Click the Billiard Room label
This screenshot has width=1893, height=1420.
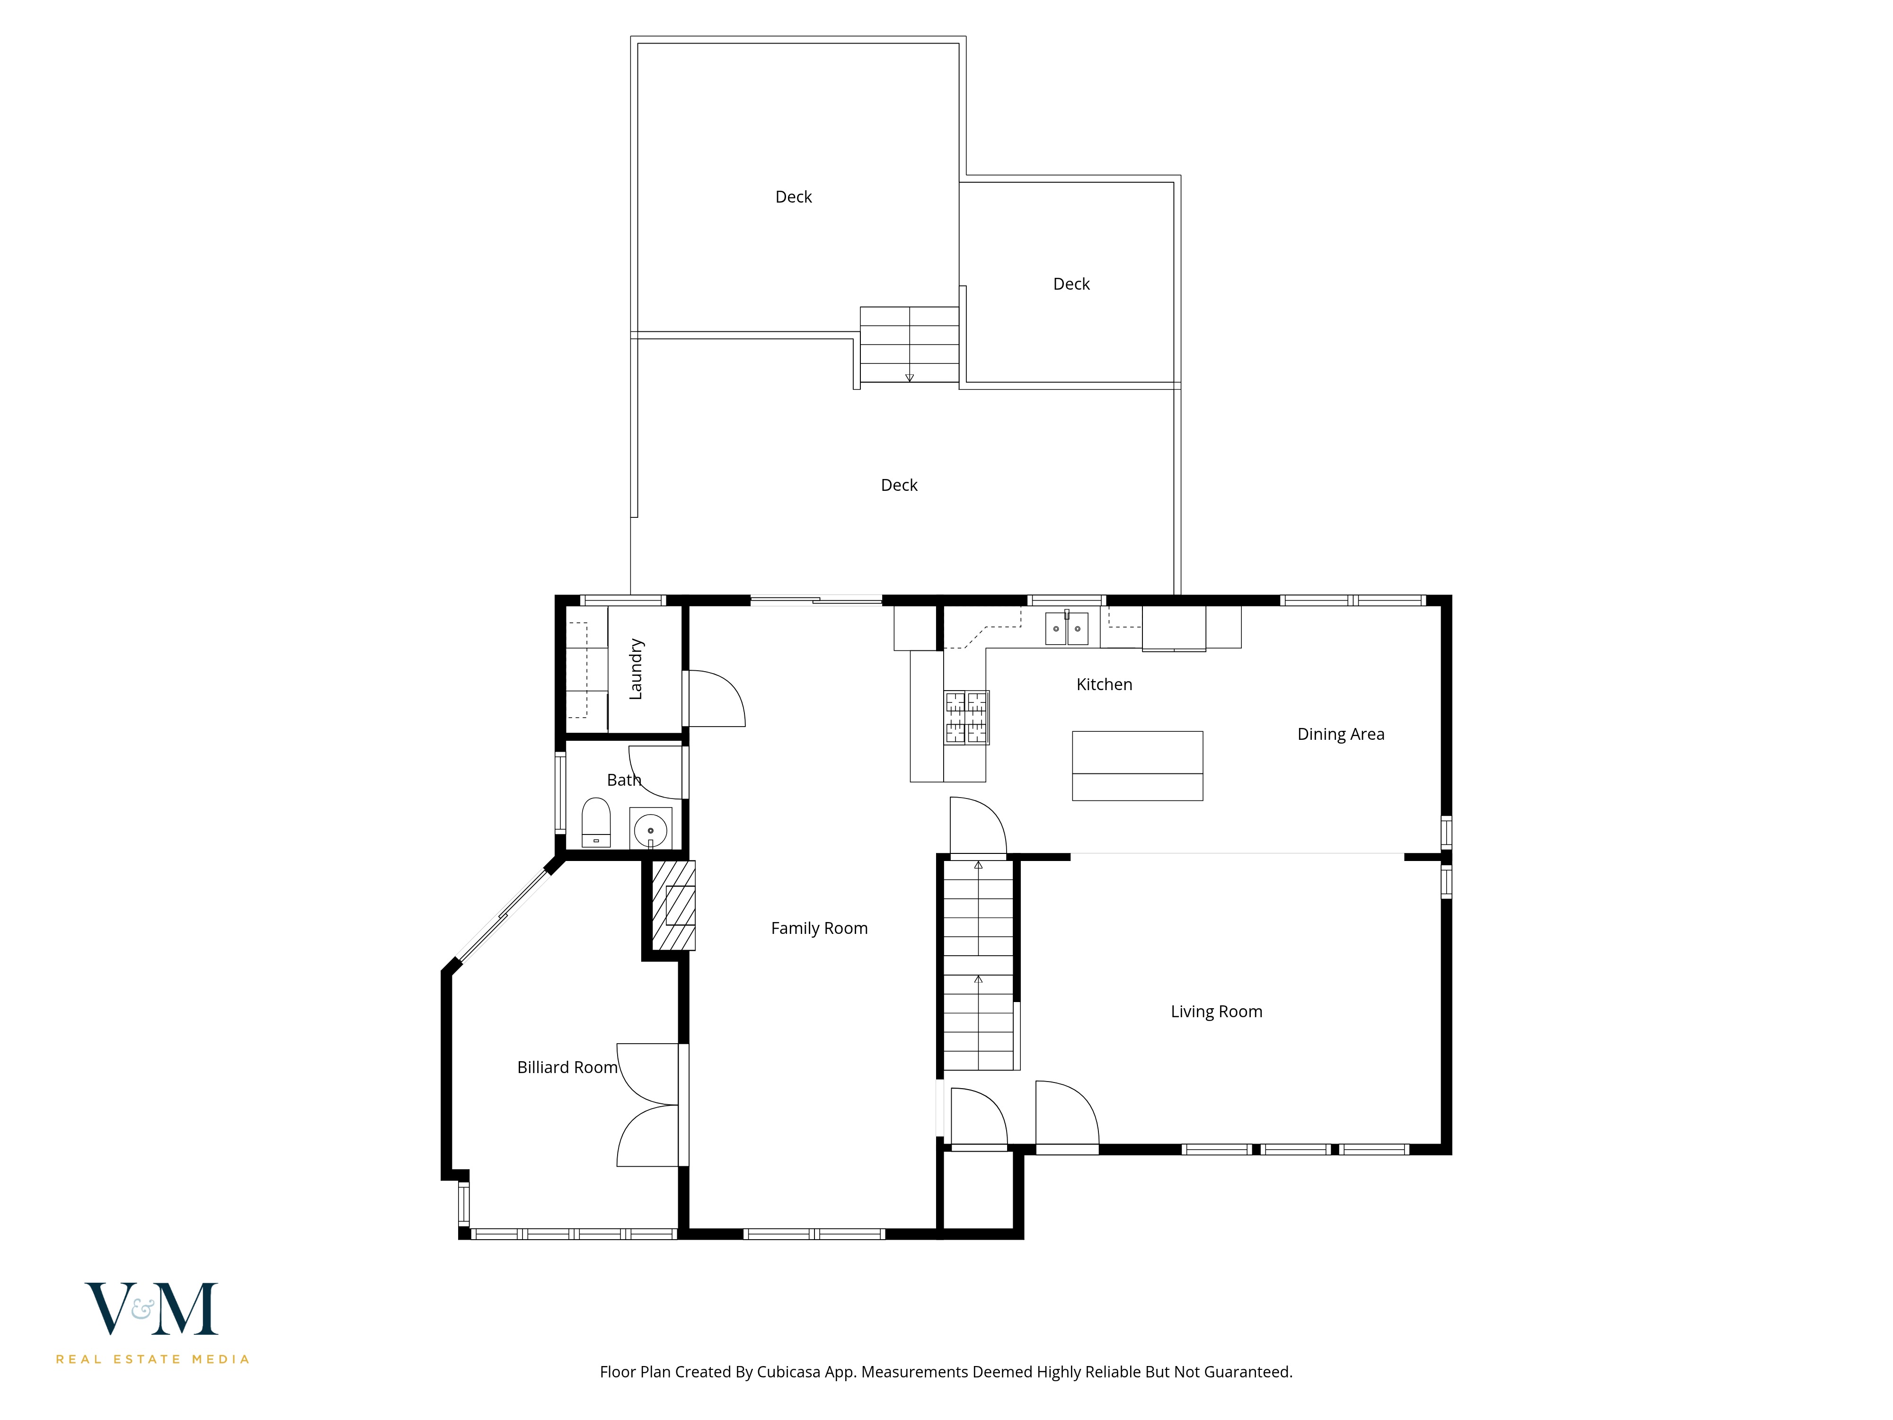[566, 1067]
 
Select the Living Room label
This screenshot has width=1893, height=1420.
[1216, 1011]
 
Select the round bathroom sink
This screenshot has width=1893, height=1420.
[650, 829]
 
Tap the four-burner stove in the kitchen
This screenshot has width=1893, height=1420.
[966, 717]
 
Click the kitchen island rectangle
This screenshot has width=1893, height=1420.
[1137, 765]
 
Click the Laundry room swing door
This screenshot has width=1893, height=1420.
[716, 699]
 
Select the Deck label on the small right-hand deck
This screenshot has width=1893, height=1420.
[1070, 284]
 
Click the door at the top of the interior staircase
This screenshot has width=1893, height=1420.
[977, 827]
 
